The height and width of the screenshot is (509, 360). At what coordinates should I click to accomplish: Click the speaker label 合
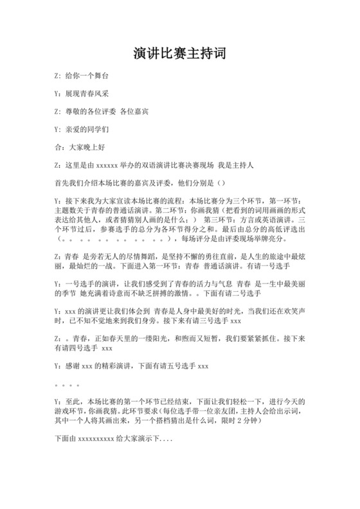click(59, 147)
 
